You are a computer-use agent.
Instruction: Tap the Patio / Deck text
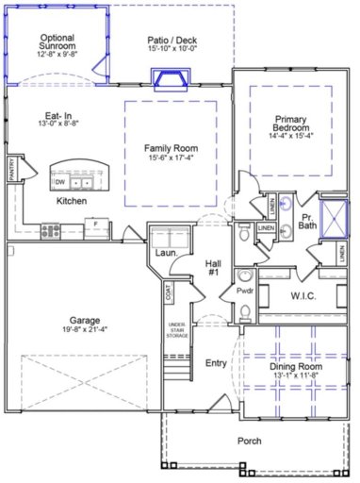[172, 41]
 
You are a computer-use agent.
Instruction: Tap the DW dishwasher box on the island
[60, 181]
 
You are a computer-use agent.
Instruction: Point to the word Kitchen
[72, 202]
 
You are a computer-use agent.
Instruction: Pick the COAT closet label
[169, 294]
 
